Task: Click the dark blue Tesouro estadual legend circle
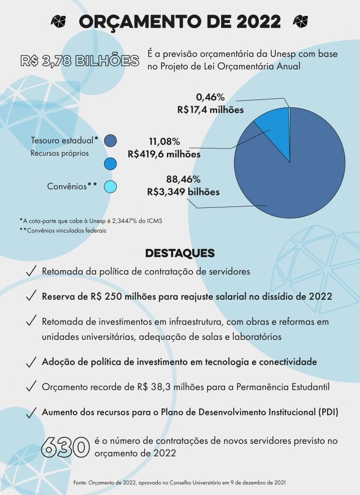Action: click(111, 141)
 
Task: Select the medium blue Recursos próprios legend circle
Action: click(111, 164)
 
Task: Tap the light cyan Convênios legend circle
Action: click(111, 187)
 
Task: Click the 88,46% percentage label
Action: click(183, 179)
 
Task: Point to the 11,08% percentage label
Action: click(164, 142)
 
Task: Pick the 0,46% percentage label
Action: click(210, 98)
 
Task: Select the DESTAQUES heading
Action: click(180, 253)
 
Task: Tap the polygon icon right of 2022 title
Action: click(300, 21)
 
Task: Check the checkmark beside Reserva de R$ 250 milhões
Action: click(31, 296)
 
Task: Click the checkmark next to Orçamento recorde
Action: click(31, 387)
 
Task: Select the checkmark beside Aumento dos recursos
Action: click(31, 412)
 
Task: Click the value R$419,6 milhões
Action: click(164, 155)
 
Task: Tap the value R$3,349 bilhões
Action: click(183, 192)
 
